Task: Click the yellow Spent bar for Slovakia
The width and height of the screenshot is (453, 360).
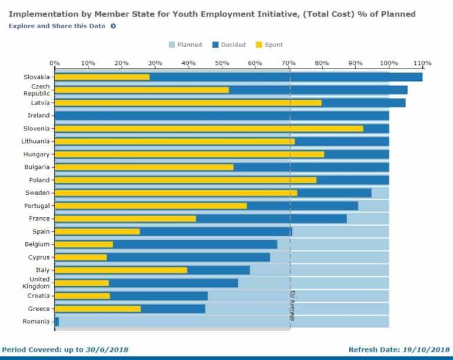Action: pyautogui.click(x=102, y=77)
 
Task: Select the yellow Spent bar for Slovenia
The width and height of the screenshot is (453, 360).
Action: pyautogui.click(x=209, y=129)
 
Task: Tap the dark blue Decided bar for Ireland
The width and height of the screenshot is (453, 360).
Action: pyautogui.click(x=222, y=116)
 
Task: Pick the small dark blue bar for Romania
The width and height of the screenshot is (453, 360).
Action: pyautogui.click(x=57, y=322)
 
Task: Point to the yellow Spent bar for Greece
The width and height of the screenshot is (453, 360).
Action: pyautogui.click(x=98, y=309)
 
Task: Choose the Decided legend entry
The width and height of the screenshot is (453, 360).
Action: pyautogui.click(x=228, y=45)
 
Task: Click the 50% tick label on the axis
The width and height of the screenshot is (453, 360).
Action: pyautogui.click(x=222, y=63)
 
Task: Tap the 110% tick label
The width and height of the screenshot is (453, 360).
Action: pyautogui.click(x=423, y=63)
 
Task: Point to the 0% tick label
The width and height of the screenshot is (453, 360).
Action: pyautogui.click(x=54, y=63)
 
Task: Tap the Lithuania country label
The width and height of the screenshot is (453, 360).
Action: pyautogui.click(x=37, y=142)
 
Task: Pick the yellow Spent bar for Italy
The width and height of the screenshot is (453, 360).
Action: pyautogui.click(x=121, y=270)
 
